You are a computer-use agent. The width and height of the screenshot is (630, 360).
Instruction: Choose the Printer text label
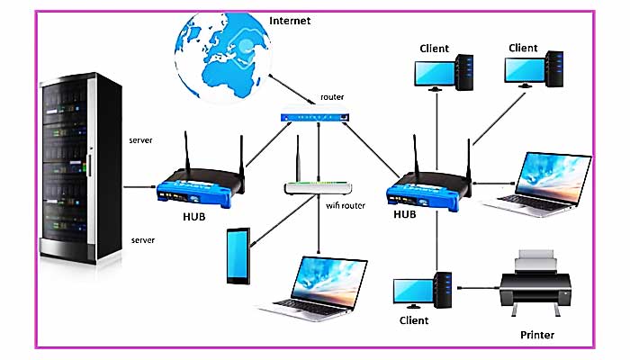tap(537, 336)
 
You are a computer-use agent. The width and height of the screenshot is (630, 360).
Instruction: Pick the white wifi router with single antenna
tap(316, 186)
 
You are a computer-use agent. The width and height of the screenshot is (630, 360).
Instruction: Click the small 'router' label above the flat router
tap(332, 96)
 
